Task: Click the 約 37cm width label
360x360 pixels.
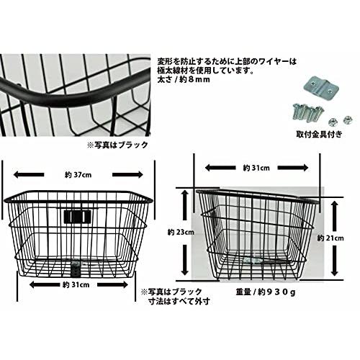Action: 78,175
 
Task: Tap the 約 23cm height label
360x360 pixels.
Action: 181,233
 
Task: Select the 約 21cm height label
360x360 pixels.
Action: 330,238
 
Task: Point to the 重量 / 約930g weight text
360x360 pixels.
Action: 266,292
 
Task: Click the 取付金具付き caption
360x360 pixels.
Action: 319,135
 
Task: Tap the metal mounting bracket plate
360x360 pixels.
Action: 320,88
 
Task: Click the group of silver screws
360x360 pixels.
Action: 308,112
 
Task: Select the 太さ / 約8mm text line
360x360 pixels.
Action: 184,79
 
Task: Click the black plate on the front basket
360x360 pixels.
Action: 78,216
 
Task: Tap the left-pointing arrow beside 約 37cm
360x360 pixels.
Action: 29,175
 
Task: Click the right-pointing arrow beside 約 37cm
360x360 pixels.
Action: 127,175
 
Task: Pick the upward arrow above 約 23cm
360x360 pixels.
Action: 185,204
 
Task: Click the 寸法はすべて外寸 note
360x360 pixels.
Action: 179,301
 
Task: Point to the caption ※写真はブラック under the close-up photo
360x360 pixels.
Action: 117,145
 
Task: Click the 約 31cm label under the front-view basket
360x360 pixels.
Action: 76,285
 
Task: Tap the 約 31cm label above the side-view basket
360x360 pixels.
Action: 256,168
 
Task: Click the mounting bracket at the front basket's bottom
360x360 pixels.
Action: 76,269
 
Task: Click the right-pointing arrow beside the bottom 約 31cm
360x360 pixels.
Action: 112,285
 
